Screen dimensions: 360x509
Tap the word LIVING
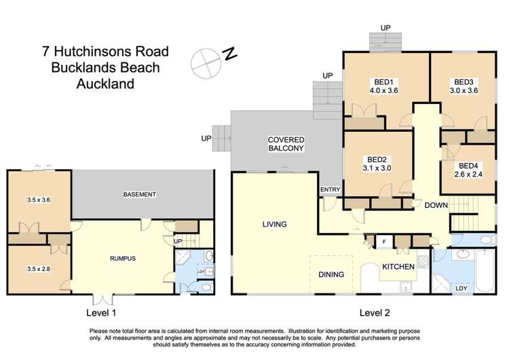[274, 224]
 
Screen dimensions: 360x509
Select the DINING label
[331, 274]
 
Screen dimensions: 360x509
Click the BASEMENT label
[140, 195]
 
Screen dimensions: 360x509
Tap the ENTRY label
[330, 190]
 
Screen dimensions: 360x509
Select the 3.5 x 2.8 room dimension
[39, 269]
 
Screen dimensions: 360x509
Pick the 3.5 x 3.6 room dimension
[39, 200]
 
